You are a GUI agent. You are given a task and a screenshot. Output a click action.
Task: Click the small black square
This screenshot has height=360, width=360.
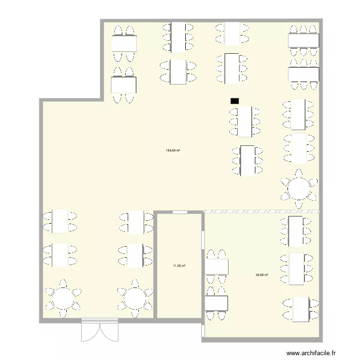pyautogui.click(x=235, y=101)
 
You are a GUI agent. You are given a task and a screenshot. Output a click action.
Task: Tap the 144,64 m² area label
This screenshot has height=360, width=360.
pyautogui.click(x=173, y=150)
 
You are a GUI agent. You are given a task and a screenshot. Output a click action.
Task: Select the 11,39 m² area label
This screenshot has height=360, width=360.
pyautogui.click(x=179, y=265)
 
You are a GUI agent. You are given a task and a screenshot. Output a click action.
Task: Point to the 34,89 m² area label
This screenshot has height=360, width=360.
pyautogui.click(x=262, y=275)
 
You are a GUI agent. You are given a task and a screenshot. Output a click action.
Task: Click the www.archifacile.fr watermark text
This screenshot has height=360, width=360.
pyautogui.click(x=312, y=354)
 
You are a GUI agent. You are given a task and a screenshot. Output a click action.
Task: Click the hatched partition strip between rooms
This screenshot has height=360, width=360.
pyautogui.click(x=262, y=211)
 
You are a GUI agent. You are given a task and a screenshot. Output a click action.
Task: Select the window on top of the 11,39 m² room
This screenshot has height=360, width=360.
pyautogui.click(x=180, y=212)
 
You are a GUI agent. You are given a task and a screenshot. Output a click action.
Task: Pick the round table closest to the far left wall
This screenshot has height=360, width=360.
pyautogui.click(x=62, y=298)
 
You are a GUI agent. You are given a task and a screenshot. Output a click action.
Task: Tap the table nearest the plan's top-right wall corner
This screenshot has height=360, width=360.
pyautogui.click(x=303, y=41)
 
